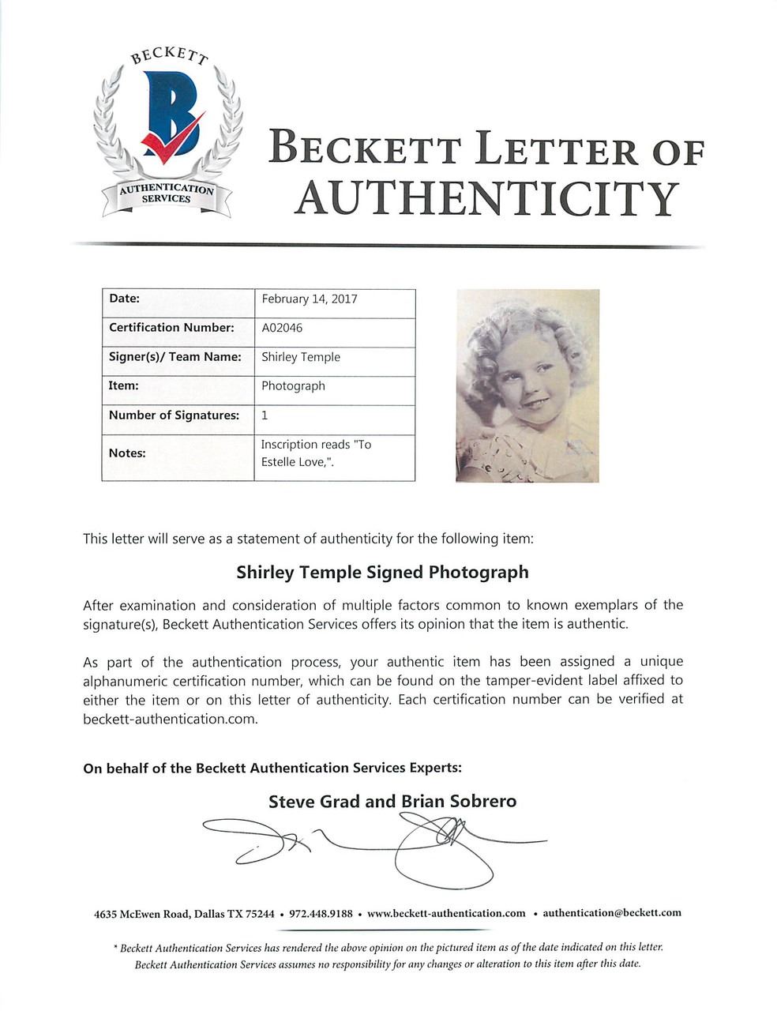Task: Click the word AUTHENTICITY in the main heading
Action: pos(486,198)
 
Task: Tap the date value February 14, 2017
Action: pos(310,299)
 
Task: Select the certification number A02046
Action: pos(282,328)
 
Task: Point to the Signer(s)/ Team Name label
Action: pos(175,357)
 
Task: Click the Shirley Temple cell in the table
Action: pos(301,357)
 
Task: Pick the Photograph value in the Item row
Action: pos(293,386)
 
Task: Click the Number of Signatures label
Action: pos(174,415)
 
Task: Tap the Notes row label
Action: pos(127,453)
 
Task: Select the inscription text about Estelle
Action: pos(316,453)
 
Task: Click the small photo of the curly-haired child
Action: pos(527,385)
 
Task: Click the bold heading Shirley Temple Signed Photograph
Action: pos(382,573)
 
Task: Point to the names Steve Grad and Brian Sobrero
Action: pos(392,802)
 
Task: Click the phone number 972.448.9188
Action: pos(321,913)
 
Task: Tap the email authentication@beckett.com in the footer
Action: pos(612,913)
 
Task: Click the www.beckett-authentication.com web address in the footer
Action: pos(446,913)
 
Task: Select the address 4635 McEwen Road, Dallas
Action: pos(184,914)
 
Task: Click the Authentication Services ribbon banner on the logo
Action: pos(167,194)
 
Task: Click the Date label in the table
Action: pos(124,299)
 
